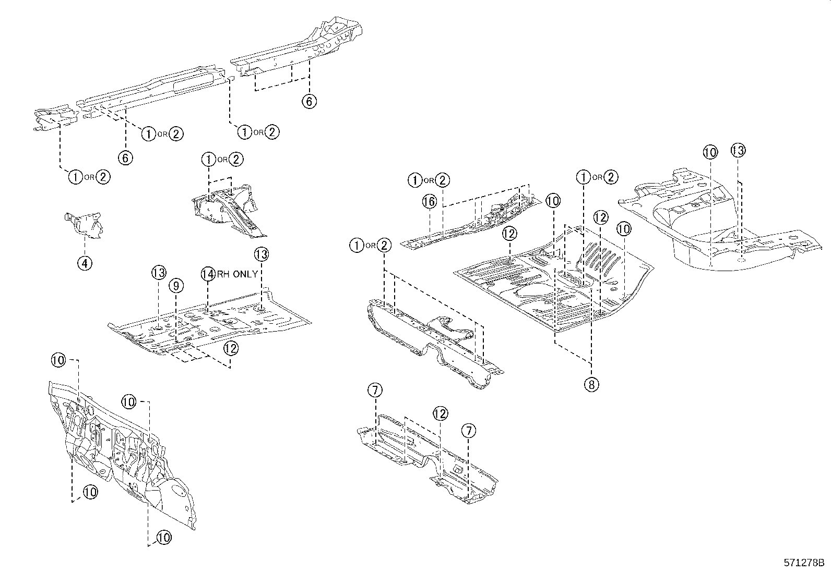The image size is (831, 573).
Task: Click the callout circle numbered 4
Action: coord(85,263)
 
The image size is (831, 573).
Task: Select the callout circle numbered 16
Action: coord(429,202)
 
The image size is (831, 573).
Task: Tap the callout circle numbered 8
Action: coord(591,385)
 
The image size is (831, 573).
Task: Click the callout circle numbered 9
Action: coord(176,286)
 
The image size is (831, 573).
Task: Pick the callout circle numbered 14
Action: coord(208,274)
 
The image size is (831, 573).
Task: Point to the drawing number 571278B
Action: coord(803,563)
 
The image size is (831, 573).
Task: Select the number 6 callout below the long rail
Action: coord(126,157)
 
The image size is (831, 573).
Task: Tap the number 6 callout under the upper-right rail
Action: coord(309,101)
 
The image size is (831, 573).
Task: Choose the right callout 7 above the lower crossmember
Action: coord(468,431)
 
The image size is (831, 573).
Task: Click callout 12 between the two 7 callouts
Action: coord(440,414)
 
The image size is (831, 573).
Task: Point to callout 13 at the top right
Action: coord(738,151)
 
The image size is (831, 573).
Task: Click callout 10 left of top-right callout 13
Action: coord(710,152)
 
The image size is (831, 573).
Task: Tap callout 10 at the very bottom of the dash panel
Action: coord(163,538)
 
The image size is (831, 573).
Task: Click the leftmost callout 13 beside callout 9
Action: coord(159,272)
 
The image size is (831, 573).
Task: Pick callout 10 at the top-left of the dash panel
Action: coord(59,359)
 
